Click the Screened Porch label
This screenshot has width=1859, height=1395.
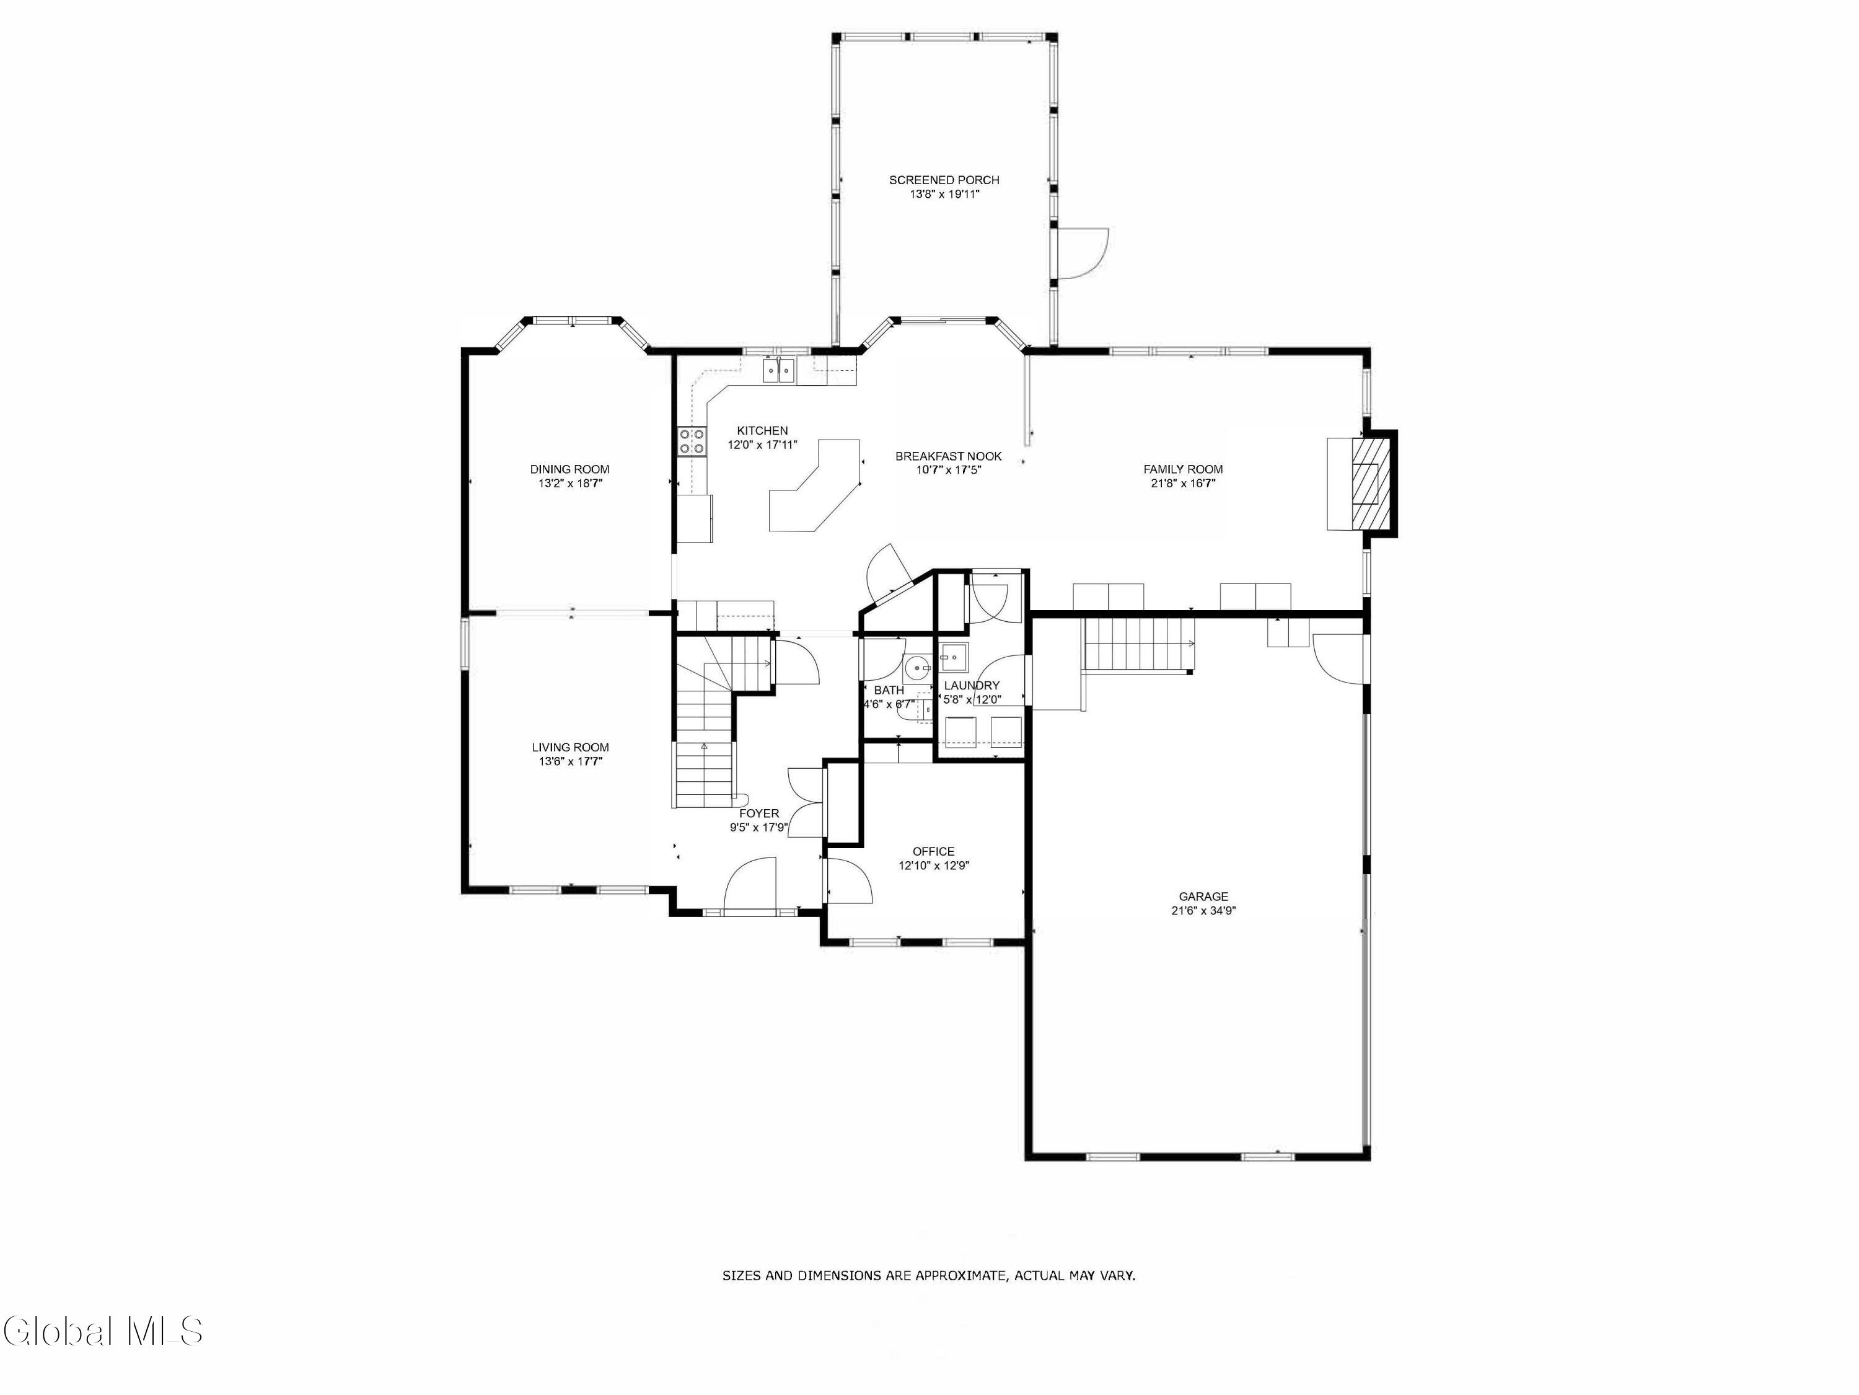[944, 180]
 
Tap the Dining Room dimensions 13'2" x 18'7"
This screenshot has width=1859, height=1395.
[571, 484]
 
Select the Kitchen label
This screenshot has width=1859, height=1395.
[762, 430]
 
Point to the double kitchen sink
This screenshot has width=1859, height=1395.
[779, 370]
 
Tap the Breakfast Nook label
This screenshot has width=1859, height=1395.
[948, 456]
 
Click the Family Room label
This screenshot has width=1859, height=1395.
[1182, 469]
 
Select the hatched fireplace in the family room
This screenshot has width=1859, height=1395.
[1365, 484]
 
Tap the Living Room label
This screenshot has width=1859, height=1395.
[570, 746]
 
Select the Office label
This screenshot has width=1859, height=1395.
[934, 851]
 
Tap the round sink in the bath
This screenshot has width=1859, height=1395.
[917, 668]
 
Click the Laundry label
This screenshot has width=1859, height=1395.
[972, 685]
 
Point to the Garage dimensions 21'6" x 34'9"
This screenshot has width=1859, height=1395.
[1203, 910]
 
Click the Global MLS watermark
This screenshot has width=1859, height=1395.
[102, 1331]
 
